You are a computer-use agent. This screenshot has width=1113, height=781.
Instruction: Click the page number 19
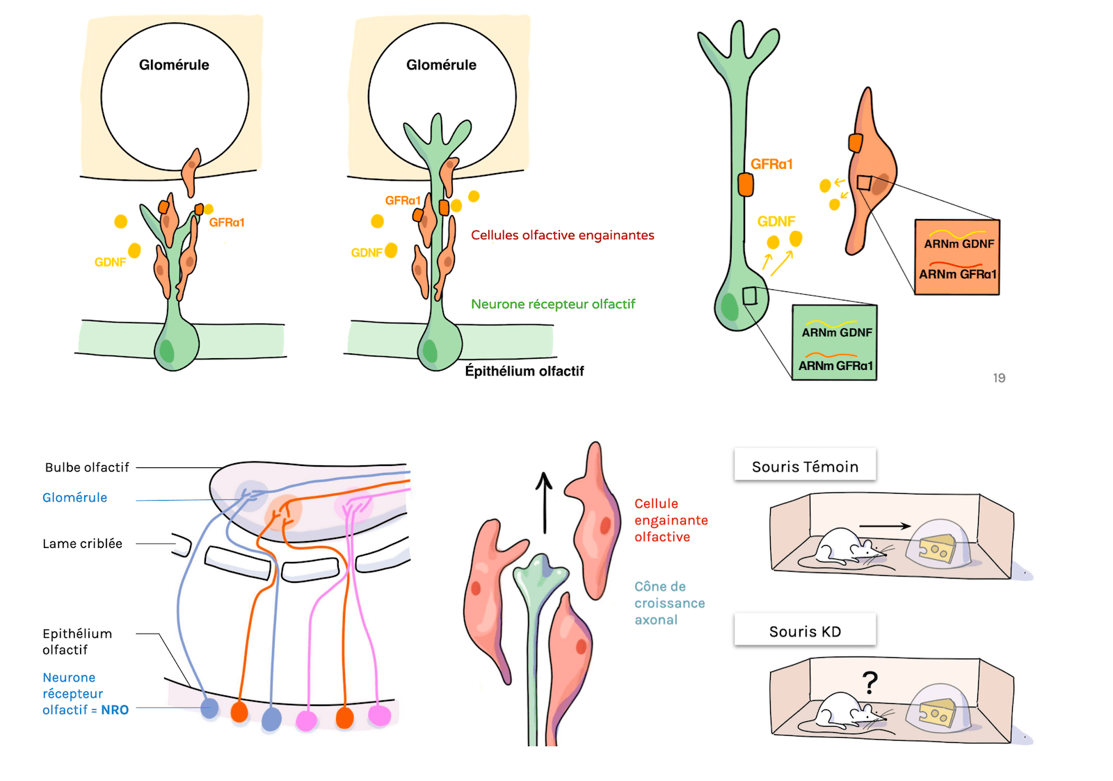point(998,378)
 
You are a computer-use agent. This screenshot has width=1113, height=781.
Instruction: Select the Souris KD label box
point(805,631)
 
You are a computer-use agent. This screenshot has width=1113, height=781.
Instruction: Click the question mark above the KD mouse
point(870,683)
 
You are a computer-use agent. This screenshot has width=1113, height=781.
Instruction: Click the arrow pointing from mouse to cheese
point(884,526)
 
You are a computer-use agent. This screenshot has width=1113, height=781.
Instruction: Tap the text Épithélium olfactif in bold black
point(524,371)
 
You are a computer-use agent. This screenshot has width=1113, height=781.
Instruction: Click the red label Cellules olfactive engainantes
point(562,235)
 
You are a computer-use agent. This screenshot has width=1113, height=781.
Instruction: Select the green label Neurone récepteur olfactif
point(553,304)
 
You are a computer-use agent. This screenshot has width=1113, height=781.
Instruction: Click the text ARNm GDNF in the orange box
point(959,244)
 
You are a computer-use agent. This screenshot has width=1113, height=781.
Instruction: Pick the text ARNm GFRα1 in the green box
point(835,366)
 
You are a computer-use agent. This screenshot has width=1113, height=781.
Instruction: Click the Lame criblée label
point(82,543)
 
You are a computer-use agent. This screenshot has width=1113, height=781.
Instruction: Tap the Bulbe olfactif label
point(87,467)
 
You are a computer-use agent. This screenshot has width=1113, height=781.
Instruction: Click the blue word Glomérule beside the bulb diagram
point(74,497)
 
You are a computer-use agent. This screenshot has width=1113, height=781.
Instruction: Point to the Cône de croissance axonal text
point(668,603)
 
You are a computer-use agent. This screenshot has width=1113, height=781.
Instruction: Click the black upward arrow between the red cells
point(544,502)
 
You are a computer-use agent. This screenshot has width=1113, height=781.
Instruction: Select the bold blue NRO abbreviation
point(115,710)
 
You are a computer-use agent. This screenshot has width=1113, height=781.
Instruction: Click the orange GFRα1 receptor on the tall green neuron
point(745,184)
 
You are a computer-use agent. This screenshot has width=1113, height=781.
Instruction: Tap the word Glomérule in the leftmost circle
point(174,65)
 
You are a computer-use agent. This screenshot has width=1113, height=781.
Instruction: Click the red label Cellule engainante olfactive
point(670,520)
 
